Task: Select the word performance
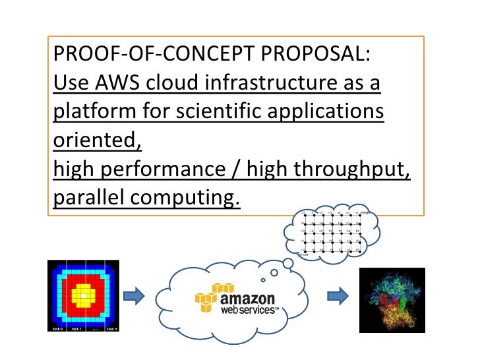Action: pyautogui.click(x=171, y=171)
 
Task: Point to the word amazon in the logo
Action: pyautogui.click(x=254, y=297)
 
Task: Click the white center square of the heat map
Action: pyautogui.click(x=83, y=297)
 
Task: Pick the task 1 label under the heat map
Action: pyautogui.click(x=76, y=328)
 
